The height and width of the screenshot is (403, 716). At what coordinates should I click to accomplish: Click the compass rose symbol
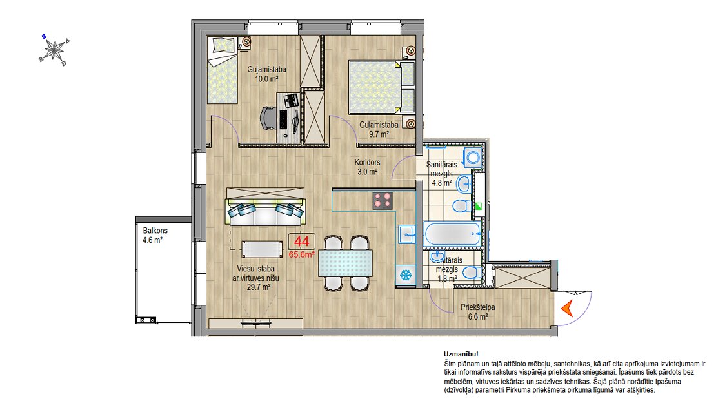[54, 49]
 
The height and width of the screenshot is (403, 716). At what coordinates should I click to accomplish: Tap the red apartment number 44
[301, 242]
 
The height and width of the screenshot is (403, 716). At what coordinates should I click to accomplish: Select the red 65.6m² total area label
[301, 255]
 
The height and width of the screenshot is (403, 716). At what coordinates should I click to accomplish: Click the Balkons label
[155, 231]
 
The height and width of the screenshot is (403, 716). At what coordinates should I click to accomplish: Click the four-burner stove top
[383, 200]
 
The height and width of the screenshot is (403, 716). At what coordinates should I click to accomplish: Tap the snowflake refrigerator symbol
[406, 275]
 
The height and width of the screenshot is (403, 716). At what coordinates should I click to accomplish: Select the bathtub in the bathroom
[453, 234]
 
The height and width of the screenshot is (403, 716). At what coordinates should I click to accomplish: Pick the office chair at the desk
[270, 118]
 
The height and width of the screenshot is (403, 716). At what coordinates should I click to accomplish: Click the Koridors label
[367, 162]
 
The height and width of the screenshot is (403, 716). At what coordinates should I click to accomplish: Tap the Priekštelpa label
[477, 307]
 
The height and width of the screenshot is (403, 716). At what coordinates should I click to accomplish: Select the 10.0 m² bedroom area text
[266, 79]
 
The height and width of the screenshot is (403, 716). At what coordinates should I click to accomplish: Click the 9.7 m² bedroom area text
[379, 134]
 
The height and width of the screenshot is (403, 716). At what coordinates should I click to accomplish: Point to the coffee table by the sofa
[262, 249]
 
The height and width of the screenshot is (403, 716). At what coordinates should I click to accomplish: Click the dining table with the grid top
[345, 263]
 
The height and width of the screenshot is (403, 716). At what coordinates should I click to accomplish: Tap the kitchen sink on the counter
[406, 234]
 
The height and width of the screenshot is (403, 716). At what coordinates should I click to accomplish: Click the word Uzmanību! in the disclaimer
[461, 354]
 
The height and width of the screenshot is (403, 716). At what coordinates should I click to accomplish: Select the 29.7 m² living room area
[259, 287]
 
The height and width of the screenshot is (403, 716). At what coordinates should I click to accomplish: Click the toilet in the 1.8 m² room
[472, 274]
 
